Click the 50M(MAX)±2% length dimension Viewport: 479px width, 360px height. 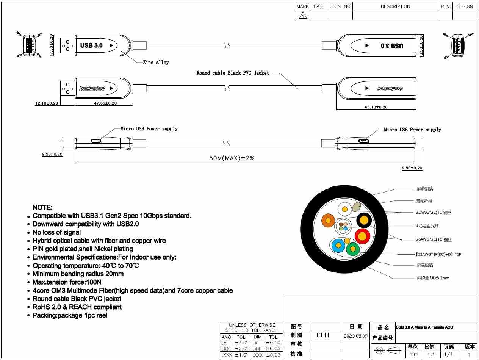pos(232,158)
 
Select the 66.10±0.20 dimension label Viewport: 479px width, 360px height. pos(376,107)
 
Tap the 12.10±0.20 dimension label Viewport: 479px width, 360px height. pos(47,103)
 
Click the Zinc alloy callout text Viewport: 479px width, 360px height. pos(156,63)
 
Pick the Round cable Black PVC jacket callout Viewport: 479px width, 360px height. pos(233,73)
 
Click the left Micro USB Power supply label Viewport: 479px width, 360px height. pos(149,129)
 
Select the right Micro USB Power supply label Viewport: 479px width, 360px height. pos(412,130)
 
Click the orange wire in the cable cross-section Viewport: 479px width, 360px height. pos(328,220)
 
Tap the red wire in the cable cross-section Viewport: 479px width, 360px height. pos(362,236)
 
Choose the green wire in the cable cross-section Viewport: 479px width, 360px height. pos(352,249)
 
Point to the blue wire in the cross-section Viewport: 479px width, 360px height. pos(337,246)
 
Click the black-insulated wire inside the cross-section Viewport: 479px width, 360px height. pos(364,220)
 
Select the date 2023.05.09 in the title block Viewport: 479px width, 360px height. pos(355,336)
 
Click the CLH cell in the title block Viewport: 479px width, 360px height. pos(323,335)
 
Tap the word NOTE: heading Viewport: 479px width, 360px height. pos(42,207)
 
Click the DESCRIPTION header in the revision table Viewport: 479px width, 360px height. pos(395,6)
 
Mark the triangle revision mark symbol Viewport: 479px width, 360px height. pos(303,16)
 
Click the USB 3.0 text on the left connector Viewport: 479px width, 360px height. pos(91,45)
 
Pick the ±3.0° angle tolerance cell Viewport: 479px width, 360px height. pos(241,343)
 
